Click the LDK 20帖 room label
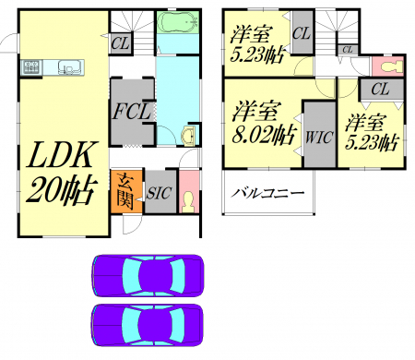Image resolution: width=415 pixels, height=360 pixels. pyautogui.click(x=62, y=173)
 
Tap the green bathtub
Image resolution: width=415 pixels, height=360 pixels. pyautogui.click(x=178, y=21)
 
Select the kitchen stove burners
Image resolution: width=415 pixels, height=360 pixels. pyautogui.click(x=32, y=66)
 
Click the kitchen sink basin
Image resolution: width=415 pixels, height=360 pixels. pyautogui.click(x=71, y=66)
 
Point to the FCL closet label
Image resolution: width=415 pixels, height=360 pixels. pyautogui.click(x=132, y=111)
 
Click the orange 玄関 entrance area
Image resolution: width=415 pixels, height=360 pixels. pyautogui.click(x=126, y=191)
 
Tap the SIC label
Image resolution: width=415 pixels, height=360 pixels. pyautogui.click(x=159, y=193)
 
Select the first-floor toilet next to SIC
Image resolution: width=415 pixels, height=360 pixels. pyautogui.click(x=188, y=202)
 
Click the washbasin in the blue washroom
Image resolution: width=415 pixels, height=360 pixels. pyautogui.click(x=188, y=135)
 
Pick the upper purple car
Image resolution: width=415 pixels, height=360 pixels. pyautogui.click(x=148, y=275)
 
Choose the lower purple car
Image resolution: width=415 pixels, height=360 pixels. pyautogui.click(x=148, y=325)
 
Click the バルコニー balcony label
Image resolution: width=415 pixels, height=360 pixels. pyautogui.click(x=268, y=193)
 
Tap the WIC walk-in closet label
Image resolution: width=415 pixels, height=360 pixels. pyautogui.click(x=319, y=137)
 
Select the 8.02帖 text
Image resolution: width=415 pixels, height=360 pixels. pyautogui.click(x=265, y=135)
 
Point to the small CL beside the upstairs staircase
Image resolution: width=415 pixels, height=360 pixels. pyautogui.click(x=348, y=49)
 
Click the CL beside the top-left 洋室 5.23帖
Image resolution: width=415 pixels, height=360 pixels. pyautogui.click(x=302, y=32)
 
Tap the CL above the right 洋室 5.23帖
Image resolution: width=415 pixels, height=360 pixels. pyautogui.click(x=381, y=90)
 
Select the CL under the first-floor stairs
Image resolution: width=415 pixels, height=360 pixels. pyautogui.click(x=121, y=43)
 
